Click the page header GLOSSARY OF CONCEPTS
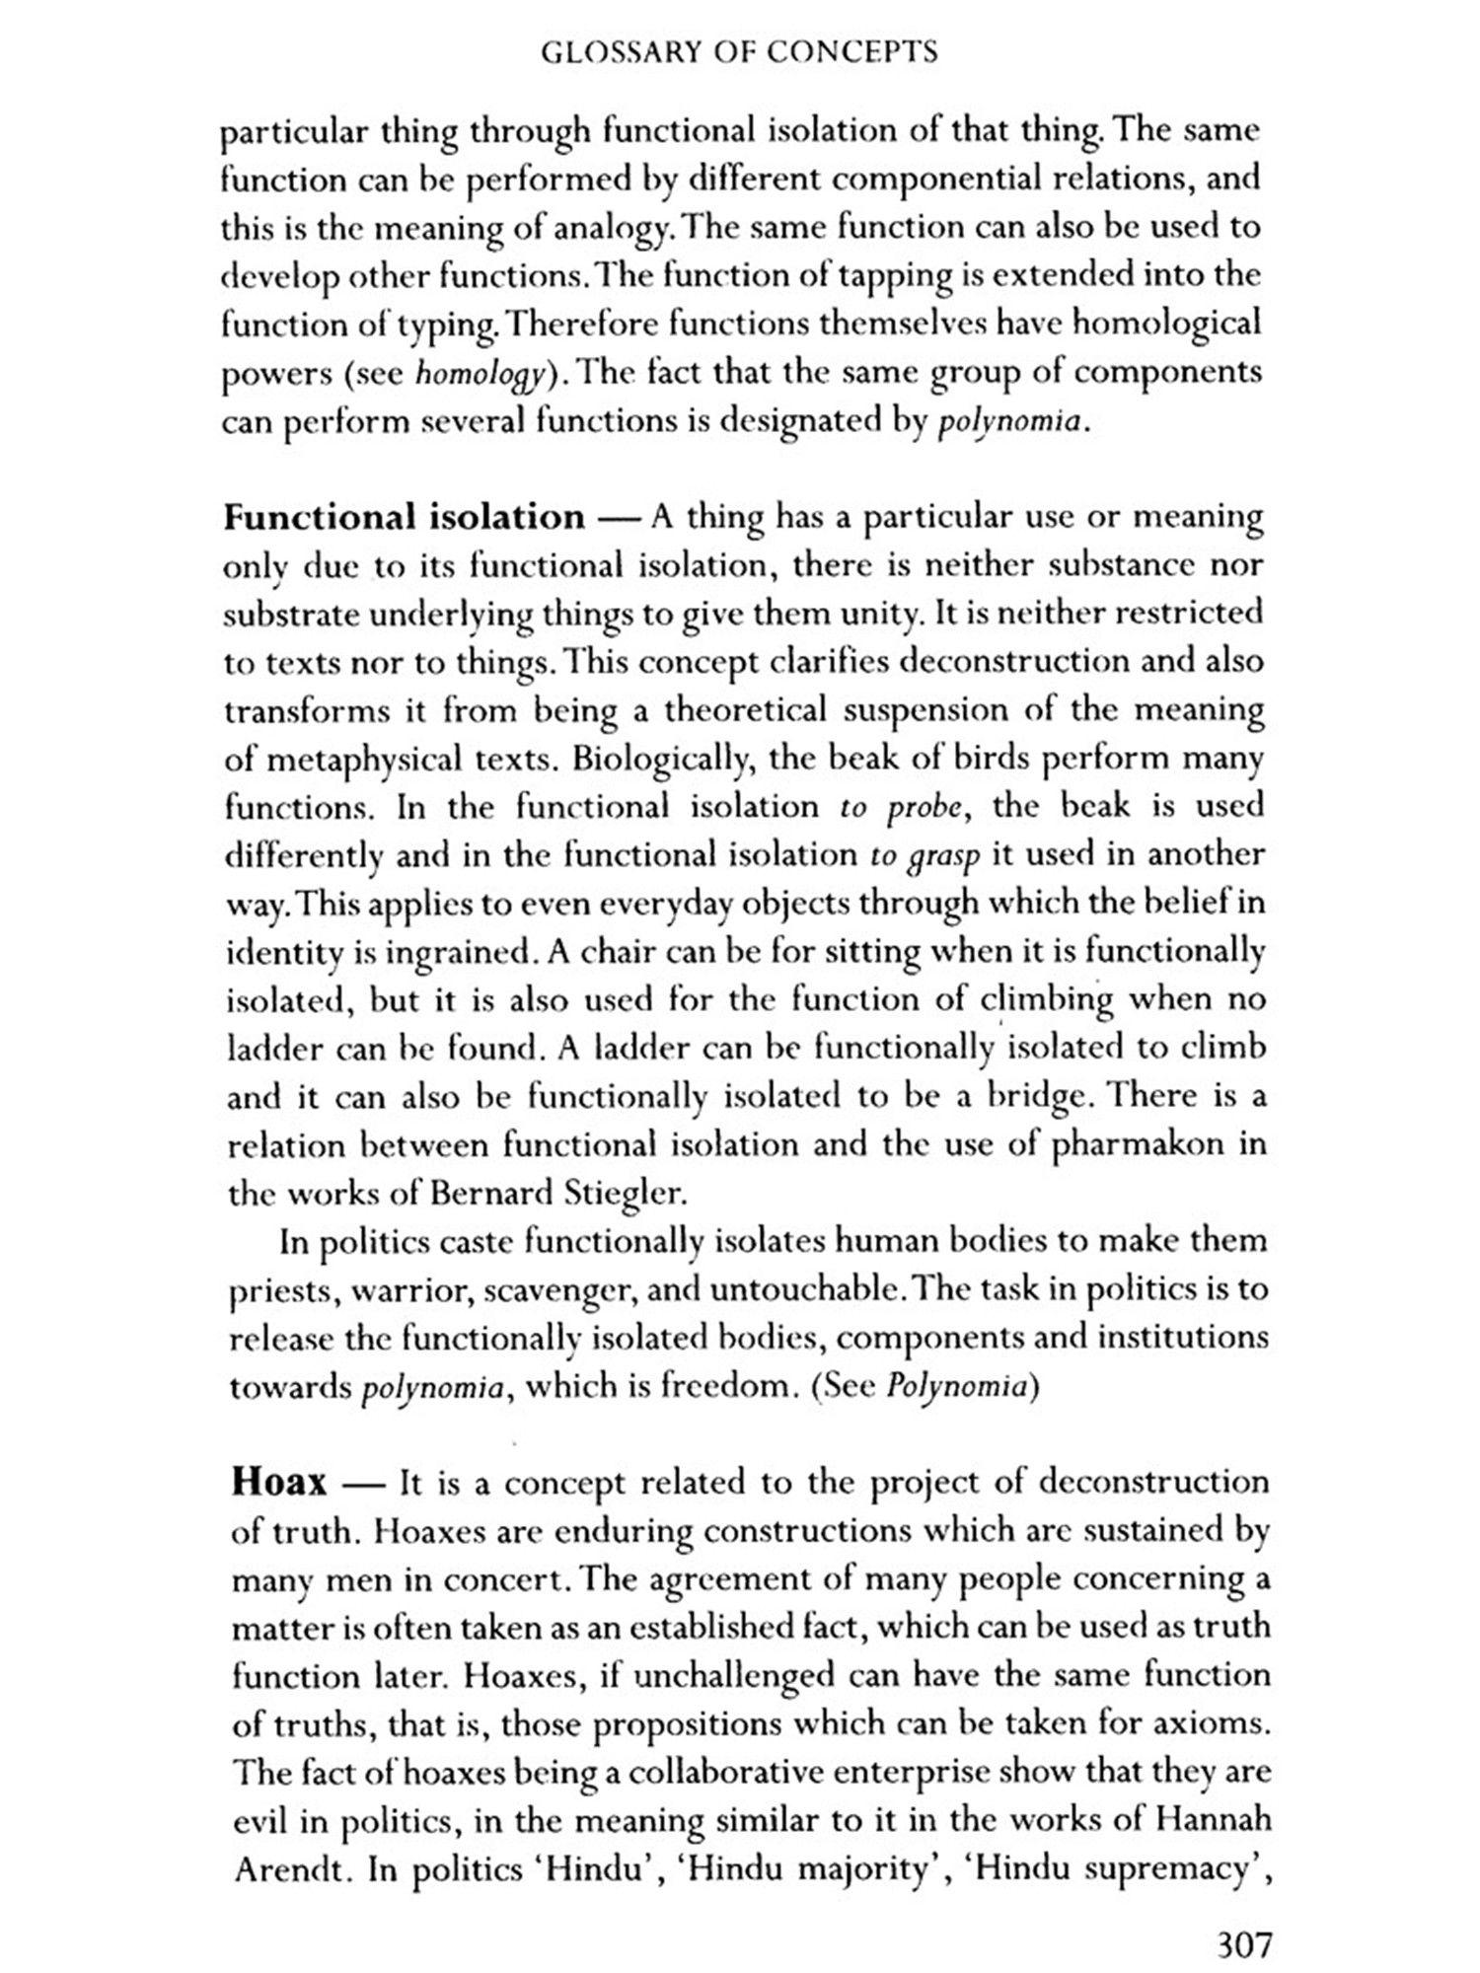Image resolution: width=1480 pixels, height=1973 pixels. (739, 52)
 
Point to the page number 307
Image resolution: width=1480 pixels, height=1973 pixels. (1244, 1944)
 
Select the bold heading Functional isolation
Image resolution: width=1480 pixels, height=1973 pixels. (405, 517)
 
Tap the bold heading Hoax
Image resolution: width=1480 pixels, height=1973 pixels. (278, 1482)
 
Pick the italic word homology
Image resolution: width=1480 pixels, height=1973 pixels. (479, 374)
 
